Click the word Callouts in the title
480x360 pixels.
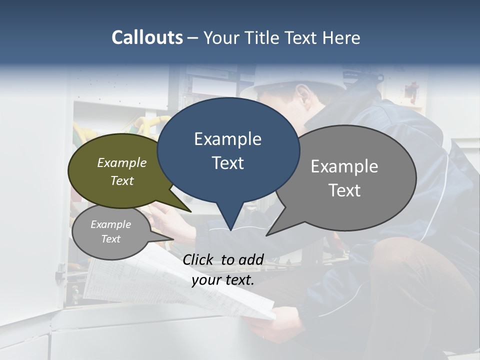[x=147, y=37]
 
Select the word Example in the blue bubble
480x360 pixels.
[x=227, y=139]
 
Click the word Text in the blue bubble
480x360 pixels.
[x=227, y=163]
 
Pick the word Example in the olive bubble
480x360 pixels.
[x=122, y=162]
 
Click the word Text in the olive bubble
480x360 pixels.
[x=122, y=180]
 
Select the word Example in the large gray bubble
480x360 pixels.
[x=344, y=166]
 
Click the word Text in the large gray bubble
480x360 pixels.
[x=344, y=190]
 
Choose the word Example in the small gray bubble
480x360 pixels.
[x=110, y=224]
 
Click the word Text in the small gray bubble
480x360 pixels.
[x=110, y=239]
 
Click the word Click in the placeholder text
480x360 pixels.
[x=198, y=259]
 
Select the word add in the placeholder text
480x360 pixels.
[x=251, y=259]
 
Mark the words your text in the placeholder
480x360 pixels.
[x=223, y=280]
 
